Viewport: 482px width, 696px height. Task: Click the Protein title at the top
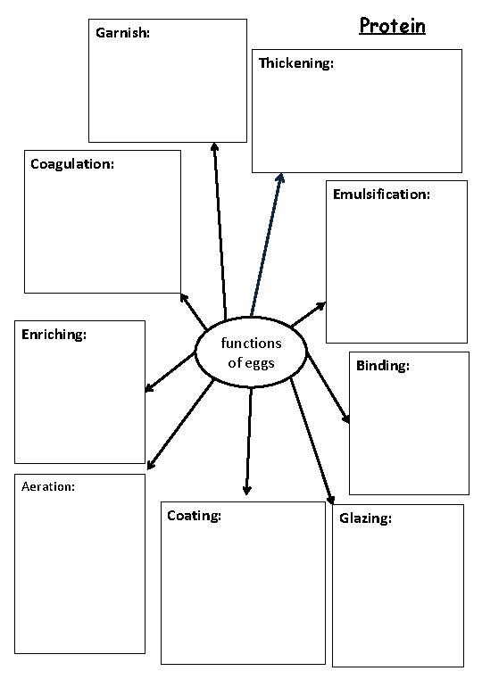(392, 25)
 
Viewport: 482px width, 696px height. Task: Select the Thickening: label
(296, 63)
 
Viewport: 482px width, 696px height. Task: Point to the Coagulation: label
(72, 163)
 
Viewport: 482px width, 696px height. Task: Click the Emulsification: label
(381, 194)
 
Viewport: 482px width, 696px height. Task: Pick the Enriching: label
(54, 335)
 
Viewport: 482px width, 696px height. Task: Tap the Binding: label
(383, 366)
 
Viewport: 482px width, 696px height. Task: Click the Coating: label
(194, 515)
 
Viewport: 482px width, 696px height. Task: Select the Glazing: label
(365, 518)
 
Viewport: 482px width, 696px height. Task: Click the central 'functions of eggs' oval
(251, 353)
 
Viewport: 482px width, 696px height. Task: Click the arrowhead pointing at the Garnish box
(214, 147)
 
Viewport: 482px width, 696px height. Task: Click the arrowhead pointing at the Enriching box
(149, 388)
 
